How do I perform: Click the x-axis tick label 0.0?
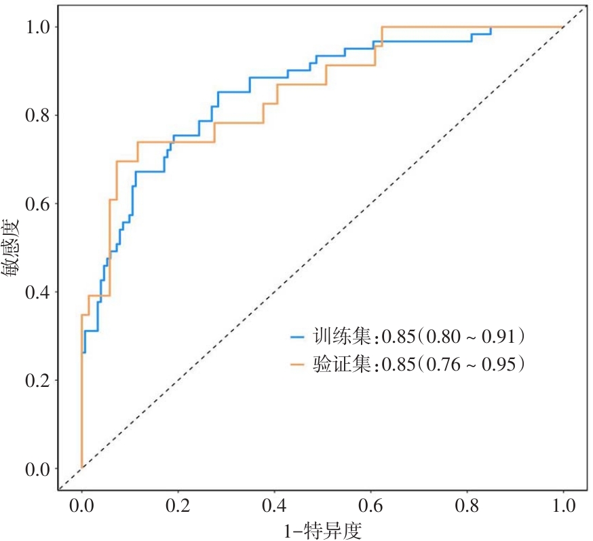pyautogui.click(x=81, y=506)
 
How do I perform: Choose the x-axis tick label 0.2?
pyautogui.click(x=178, y=506)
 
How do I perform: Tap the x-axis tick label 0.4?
pyautogui.click(x=274, y=506)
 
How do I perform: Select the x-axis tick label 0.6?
pyautogui.click(x=370, y=506)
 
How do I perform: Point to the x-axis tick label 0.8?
pyautogui.click(x=467, y=506)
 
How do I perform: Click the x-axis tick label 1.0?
pyautogui.click(x=563, y=506)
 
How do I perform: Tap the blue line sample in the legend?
pyautogui.click(x=299, y=336)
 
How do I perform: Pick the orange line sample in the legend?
pyautogui.click(x=299, y=365)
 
